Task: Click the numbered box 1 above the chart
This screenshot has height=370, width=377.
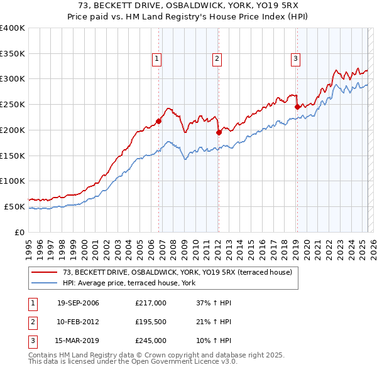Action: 156,60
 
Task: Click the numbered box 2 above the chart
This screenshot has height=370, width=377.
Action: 217,60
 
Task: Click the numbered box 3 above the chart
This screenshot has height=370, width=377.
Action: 295,60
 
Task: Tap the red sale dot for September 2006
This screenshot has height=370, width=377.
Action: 158,121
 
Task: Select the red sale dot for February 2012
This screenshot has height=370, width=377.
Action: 219,132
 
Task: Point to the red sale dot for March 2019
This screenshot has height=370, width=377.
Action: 297,107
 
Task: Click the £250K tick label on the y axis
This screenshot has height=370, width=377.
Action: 13,105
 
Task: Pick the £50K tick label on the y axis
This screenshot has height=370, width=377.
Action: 14,206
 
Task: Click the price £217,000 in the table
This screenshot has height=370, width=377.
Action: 151,303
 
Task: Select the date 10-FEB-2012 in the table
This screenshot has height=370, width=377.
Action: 78,322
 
